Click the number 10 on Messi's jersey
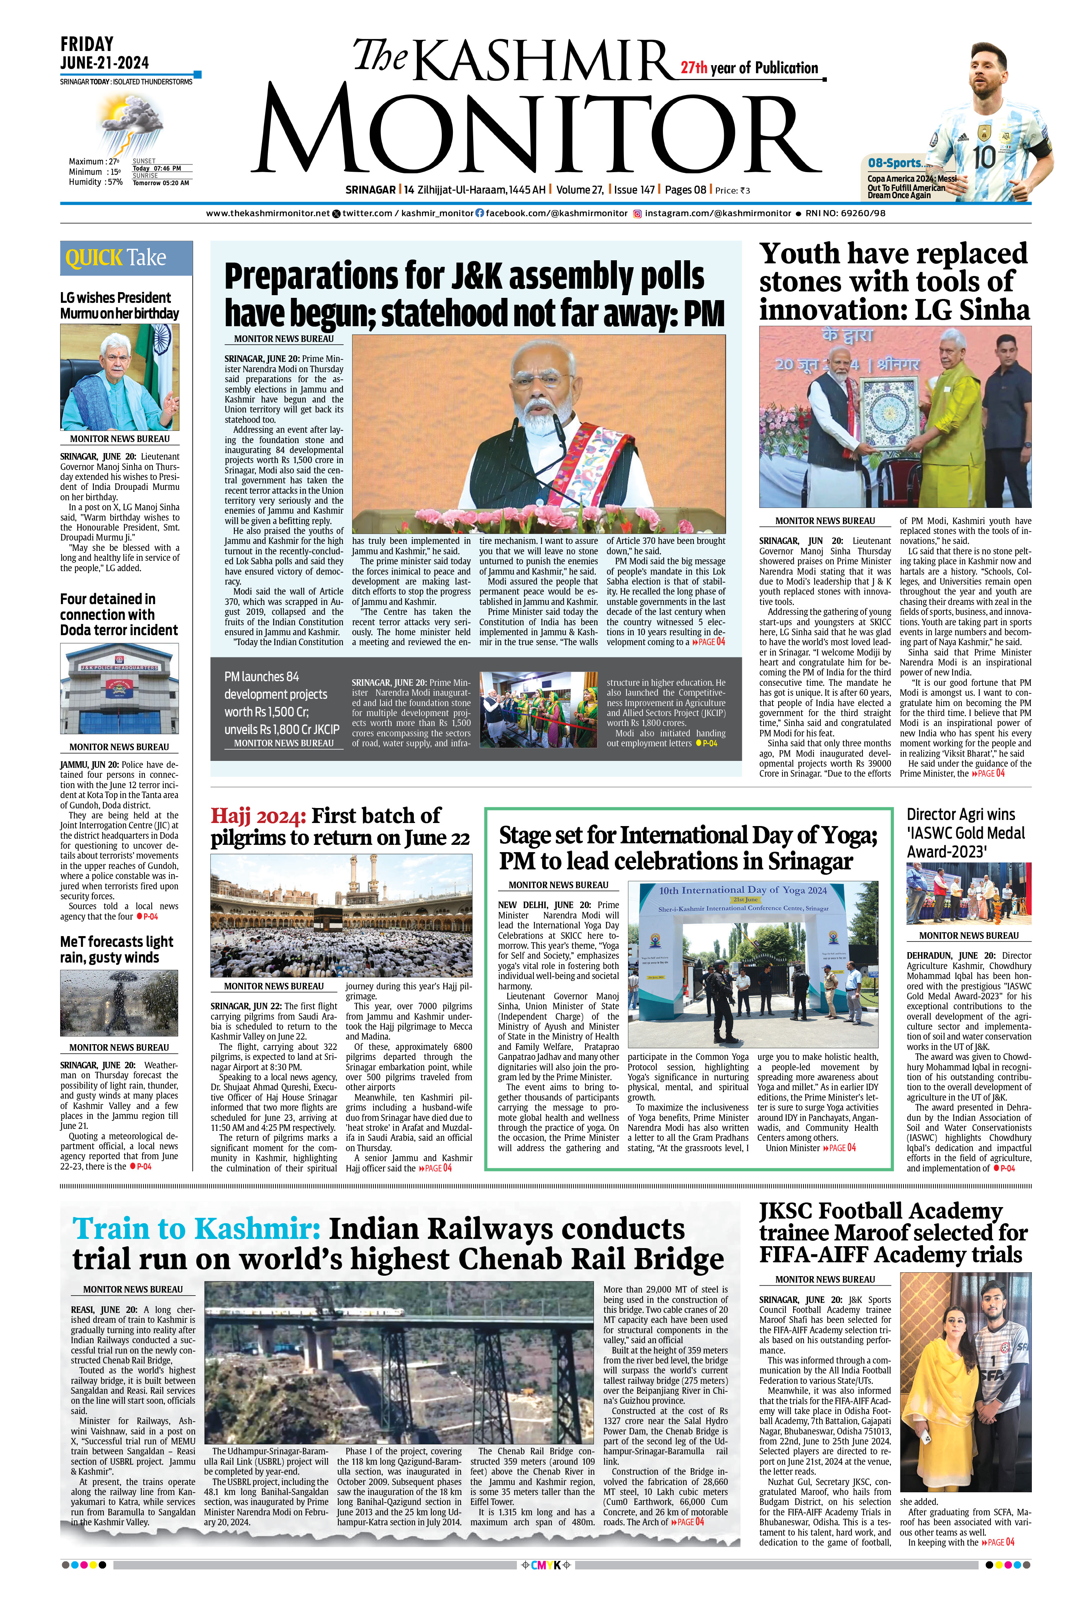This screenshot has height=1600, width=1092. point(984,157)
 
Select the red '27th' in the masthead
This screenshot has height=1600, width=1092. point(694,67)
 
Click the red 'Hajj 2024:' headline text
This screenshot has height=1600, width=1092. point(258,816)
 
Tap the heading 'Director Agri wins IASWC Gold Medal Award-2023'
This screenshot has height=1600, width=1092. point(966,833)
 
